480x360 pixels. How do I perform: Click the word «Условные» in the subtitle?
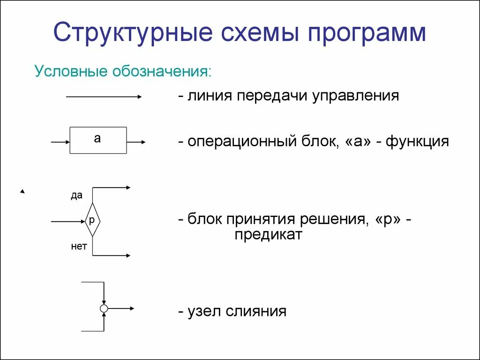pyautogui.click(x=70, y=72)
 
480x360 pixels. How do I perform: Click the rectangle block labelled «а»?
pyautogui.click(x=98, y=140)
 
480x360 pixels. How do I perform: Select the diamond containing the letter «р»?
pyautogui.click(x=92, y=220)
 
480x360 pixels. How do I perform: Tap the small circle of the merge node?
pyautogui.click(x=104, y=308)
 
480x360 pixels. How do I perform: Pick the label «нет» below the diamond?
pyautogui.click(x=79, y=246)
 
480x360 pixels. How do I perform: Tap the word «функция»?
pyautogui.click(x=417, y=141)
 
